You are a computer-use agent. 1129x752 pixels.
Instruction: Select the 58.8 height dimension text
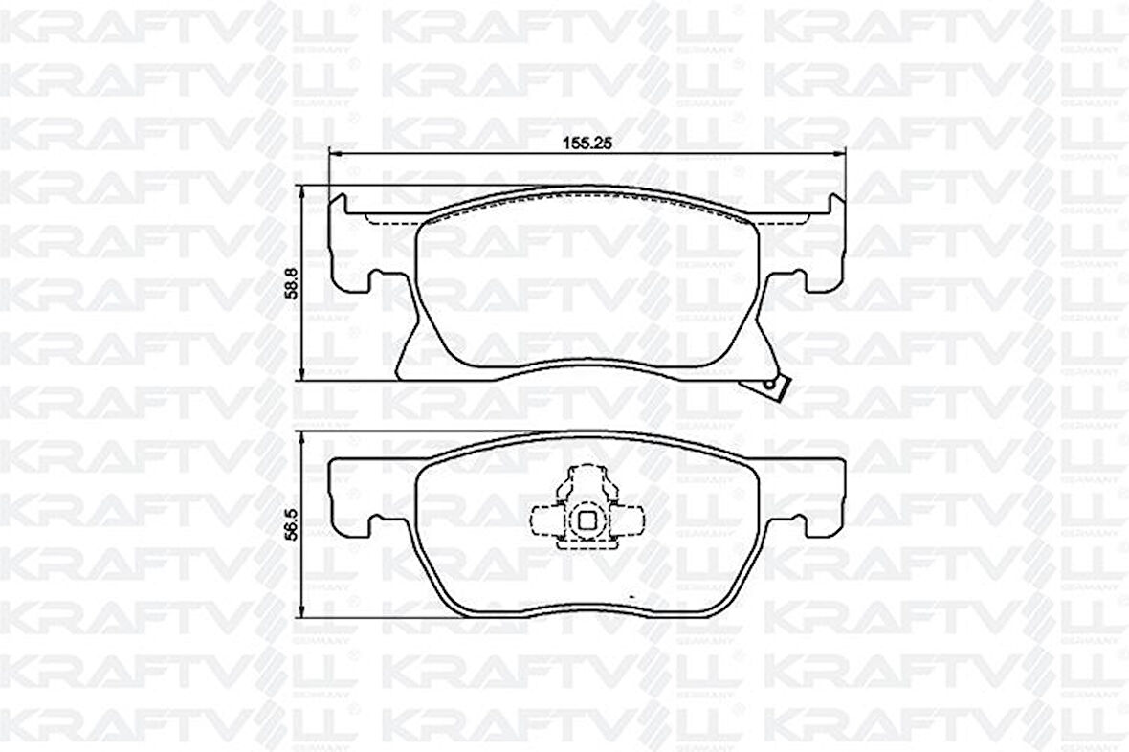pyautogui.click(x=291, y=283)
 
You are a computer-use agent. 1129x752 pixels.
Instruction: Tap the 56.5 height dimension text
pyautogui.click(x=291, y=525)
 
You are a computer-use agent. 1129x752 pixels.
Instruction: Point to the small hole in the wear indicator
pyautogui.click(x=767, y=385)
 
